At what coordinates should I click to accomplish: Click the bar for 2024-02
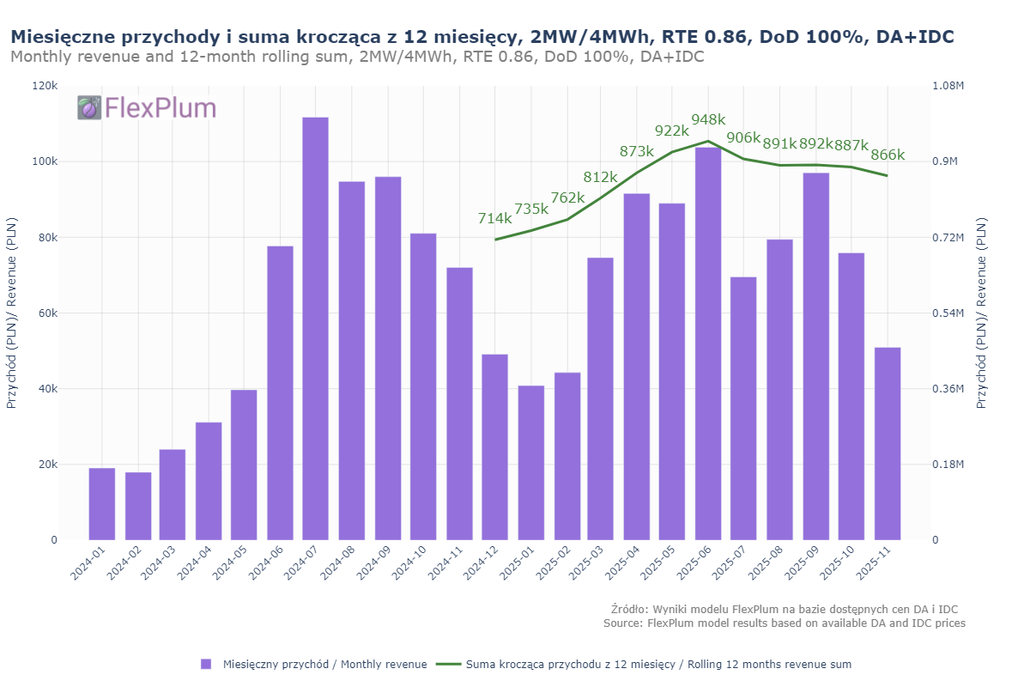pyautogui.click(x=138, y=506)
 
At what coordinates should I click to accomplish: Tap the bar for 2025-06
pyautogui.click(x=708, y=343)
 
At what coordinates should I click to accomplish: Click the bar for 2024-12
pyautogui.click(x=494, y=447)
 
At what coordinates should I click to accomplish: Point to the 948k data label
pyautogui.click(x=708, y=120)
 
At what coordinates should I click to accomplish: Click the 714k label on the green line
pyautogui.click(x=494, y=218)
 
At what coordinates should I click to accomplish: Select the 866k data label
pyautogui.click(x=888, y=155)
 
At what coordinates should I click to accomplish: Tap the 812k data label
pyautogui.click(x=601, y=177)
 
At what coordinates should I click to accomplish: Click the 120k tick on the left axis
pyautogui.click(x=45, y=86)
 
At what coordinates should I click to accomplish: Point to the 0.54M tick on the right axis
pyautogui.click(x=948, y=313)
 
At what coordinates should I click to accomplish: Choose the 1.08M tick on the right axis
pyautogui.click(x=948, y=86)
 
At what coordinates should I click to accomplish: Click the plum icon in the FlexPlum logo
pyautogui.click(x=89, y=107)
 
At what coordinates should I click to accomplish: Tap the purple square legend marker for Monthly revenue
pyautogui.click(x=206, y=664)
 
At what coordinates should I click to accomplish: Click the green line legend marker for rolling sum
pyautogui.click(x=448, y=664)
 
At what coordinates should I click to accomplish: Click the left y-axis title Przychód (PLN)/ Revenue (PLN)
pyautogui.click(x=11, y=313)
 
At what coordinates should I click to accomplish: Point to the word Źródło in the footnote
pyautogui.click(x=630, y=609)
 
